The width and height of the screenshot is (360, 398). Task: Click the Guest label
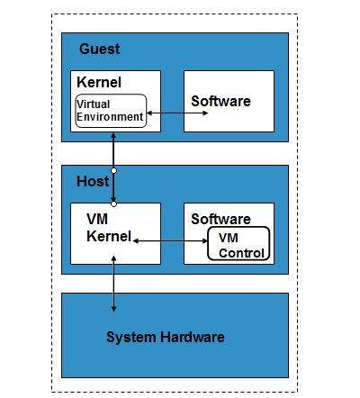[x=99, y=49]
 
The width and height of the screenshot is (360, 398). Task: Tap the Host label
[x=93, y=182]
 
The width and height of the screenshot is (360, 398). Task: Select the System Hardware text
[x=165, y=338]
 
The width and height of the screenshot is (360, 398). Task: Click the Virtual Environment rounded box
[x=110, y=111]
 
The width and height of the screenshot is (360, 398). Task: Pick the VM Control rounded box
[x=238, y=245]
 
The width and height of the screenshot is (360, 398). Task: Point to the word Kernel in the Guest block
[x=99, y=83]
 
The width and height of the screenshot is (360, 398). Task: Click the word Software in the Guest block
[x=220, y=101]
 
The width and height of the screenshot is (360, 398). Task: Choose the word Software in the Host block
[x=220, y=219]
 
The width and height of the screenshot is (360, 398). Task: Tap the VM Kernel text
[x=109, y=228]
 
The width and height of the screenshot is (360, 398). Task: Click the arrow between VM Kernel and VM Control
[x=169, y=240]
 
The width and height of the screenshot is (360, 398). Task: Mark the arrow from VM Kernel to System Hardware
[x=114, y=284]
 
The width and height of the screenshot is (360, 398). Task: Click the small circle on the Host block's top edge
[x=114, y=170]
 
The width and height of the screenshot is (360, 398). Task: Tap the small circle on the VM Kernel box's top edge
[x=114, y=204]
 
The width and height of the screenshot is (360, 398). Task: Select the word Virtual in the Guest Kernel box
[x=94, y=104]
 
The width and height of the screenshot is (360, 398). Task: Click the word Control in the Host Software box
[x=243, y=253]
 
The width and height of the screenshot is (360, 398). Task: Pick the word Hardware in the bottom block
[x=191, y=338]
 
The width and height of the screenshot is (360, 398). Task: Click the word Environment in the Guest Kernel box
[x=110, y=116]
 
